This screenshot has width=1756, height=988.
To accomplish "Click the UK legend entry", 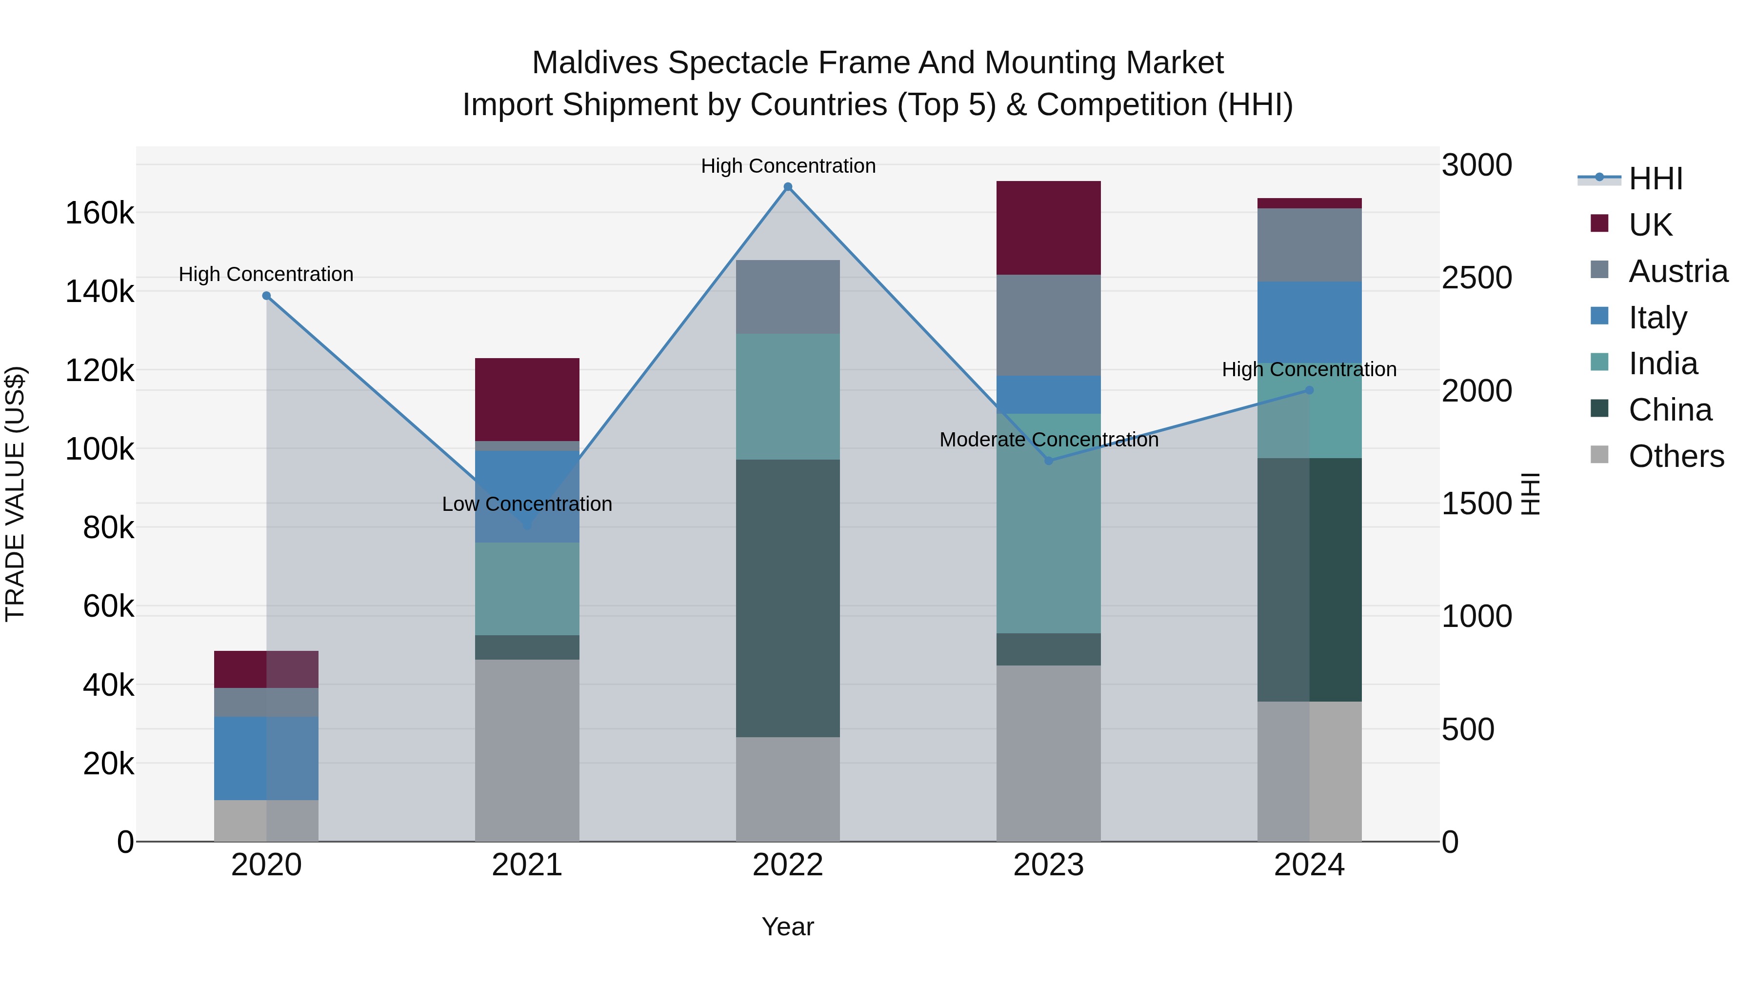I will (1650, 225).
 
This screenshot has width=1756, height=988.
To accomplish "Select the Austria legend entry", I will (1677, 271).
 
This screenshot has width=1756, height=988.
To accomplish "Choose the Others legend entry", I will (1676, 456).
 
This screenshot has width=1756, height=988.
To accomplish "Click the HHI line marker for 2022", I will (788, 187).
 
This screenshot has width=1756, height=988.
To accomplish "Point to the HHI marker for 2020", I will (266, 296).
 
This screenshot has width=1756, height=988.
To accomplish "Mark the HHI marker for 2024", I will (1309, 390).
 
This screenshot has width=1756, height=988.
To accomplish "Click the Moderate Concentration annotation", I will (1048, 440).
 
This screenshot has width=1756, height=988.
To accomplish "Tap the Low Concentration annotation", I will (527, 504).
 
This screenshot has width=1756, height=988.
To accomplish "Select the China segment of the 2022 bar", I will (788, 598).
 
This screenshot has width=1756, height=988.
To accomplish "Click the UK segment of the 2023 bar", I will (1048, 228).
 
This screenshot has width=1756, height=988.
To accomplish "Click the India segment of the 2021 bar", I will (527, 588).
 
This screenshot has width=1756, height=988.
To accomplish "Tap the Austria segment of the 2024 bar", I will (1309, 245).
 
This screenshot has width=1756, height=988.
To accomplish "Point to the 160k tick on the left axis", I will (100, 213).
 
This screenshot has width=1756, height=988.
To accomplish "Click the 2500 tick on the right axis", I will (1477, 278).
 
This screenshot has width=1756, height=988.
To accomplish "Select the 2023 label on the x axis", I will (1048, 865).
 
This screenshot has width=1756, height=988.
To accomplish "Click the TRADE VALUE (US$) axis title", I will (15, 494).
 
